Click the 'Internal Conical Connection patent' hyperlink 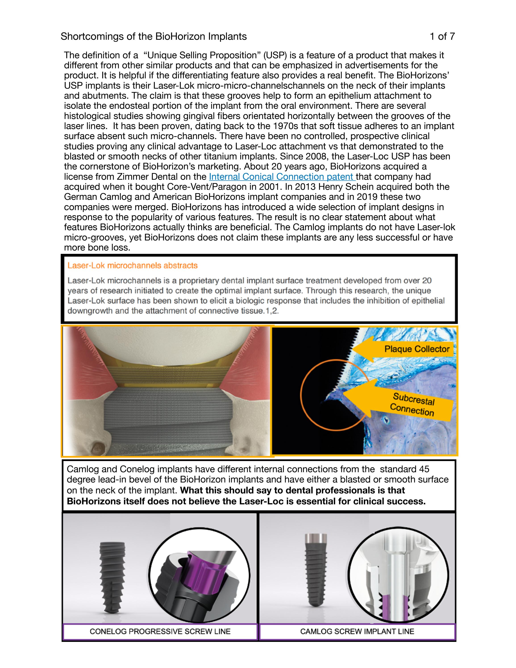281,177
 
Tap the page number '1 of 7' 442,36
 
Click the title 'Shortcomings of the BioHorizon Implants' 154,36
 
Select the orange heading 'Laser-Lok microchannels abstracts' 132,265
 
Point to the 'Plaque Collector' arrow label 417,349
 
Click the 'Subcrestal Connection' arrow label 413,404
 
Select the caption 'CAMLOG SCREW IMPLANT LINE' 357,632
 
